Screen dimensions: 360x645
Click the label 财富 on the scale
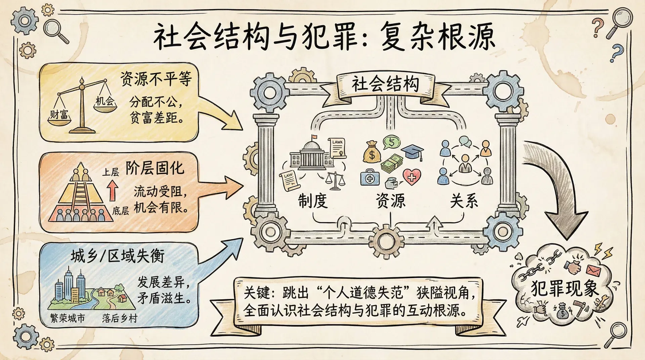click(59, 115)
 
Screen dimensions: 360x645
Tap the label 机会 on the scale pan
click(105, 101)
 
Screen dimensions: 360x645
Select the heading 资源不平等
click(156, 79)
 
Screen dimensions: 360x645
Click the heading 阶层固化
click(155, 168)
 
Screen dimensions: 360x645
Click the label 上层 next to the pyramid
click(111, 172)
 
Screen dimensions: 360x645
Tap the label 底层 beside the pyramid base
click(120, 211)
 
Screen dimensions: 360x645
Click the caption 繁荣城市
click(67, 318)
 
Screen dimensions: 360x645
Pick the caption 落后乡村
click(120, 318)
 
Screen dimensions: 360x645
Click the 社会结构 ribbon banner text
click(385, 84)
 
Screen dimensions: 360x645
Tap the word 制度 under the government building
click(312, 201)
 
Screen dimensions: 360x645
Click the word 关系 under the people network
click(464, 201)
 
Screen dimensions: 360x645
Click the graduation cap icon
click(413, 152)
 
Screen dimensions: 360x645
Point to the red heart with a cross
click(412, 176)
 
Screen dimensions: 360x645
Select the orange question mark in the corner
click(598, 27)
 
